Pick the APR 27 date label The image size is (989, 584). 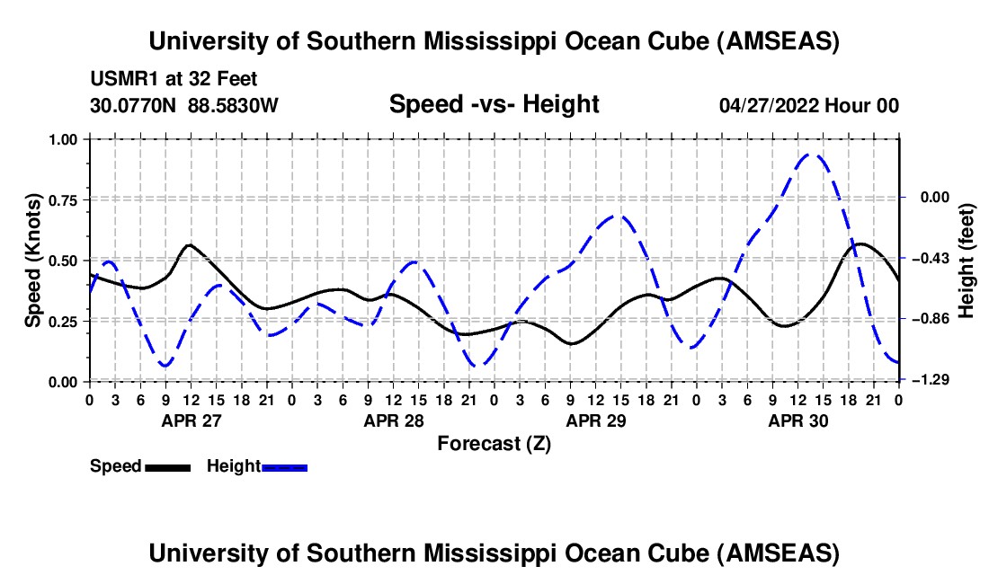click(191, 420)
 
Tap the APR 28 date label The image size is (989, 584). click(393, 420)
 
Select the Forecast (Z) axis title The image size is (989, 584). click(494, 444)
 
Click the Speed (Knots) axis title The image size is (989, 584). click(32, 260)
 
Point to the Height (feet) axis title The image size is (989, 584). click(967, 260)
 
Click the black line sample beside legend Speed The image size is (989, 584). click(167, 467)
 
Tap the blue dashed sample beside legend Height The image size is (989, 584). click(285, 467)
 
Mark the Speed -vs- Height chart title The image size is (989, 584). click(494, 104)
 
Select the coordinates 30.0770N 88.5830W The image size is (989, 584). click(184, 105)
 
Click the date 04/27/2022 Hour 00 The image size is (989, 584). click(809, 105)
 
